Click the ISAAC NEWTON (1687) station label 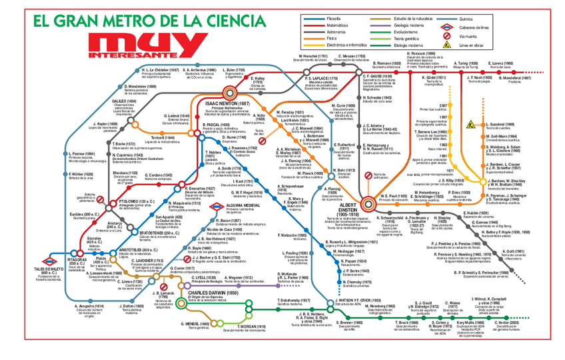tap(229, 104)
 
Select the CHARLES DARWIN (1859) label tap(213, 293)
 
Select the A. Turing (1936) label tap(462, 63)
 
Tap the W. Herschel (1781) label tap(312, 57)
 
